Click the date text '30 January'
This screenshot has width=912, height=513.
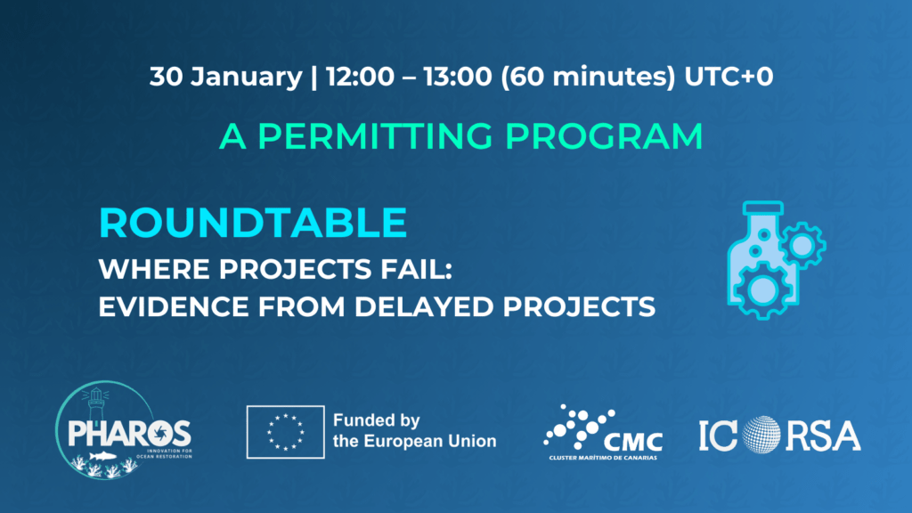point(225,77)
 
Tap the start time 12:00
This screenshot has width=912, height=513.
point(360,77)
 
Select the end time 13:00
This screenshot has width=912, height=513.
point(457,77)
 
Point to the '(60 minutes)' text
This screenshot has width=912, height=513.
point(588,77)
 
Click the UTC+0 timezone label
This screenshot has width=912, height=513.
point(729,77)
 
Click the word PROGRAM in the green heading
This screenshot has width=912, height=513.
point(604,136)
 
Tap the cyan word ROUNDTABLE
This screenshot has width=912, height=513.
point(253,223)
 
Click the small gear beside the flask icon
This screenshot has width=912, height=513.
point(802,245)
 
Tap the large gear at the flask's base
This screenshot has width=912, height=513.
point(762,289)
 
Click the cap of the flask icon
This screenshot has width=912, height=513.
point(763,208)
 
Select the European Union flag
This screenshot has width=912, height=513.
point(286,432)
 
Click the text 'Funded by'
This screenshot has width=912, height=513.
point(377,420)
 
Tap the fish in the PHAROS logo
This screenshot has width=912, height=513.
point(102,455)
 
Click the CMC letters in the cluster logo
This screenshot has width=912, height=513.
point(633,442)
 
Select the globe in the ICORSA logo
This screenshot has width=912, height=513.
point(761,435)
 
